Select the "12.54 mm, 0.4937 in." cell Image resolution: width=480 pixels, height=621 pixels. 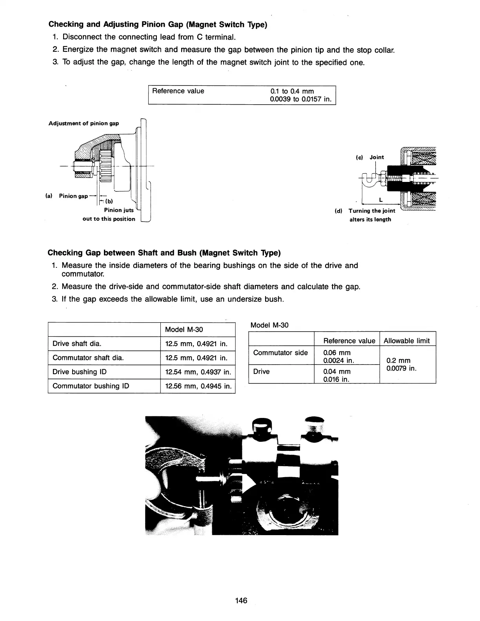coord(198,372)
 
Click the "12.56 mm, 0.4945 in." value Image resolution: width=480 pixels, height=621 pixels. coord(198,386)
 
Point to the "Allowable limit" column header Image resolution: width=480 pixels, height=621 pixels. coord(407,341)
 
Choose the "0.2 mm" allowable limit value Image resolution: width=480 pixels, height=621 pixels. coord(398,360)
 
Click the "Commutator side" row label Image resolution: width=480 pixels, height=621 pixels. coord(280,352)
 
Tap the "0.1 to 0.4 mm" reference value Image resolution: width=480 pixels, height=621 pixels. coord(292,91)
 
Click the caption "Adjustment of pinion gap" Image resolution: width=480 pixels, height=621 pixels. coord(84,123)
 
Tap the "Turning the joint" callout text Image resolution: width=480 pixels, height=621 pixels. coord(371,211)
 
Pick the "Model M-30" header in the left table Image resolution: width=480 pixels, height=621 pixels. coord(184,329)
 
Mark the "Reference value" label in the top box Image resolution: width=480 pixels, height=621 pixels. coord(178,91)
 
